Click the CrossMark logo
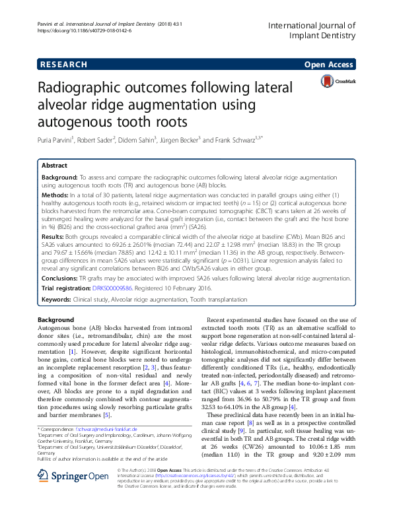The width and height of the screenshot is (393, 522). [338, 82]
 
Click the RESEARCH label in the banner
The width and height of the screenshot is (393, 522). [63, 65]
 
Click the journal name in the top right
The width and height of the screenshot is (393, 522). [312, 30]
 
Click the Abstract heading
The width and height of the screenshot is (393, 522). [54, 166]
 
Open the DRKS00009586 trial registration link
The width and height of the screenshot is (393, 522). [112, 288]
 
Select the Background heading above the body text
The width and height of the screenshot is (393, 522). [56, 319]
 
